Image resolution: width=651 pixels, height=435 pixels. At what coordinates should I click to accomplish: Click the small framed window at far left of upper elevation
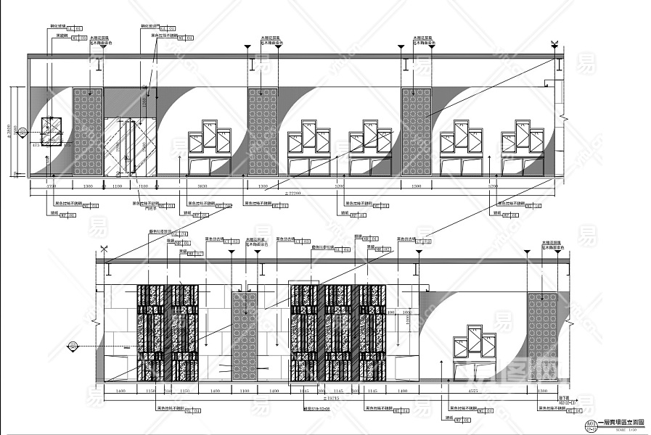point(52,135)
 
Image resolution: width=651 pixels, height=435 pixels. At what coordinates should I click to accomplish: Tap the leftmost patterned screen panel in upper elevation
point(87,132)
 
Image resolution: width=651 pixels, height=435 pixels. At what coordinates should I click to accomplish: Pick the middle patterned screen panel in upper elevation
point(263,132)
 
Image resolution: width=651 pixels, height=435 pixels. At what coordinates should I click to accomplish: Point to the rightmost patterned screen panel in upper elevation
point(416,132)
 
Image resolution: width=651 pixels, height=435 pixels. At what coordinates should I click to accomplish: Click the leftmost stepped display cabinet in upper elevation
point(209,152)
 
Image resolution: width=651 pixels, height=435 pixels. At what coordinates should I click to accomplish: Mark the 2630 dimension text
point(202,187)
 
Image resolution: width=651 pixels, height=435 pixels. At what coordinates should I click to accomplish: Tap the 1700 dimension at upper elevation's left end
point(51,187)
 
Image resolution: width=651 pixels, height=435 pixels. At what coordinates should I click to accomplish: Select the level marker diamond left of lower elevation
point(73,345)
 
